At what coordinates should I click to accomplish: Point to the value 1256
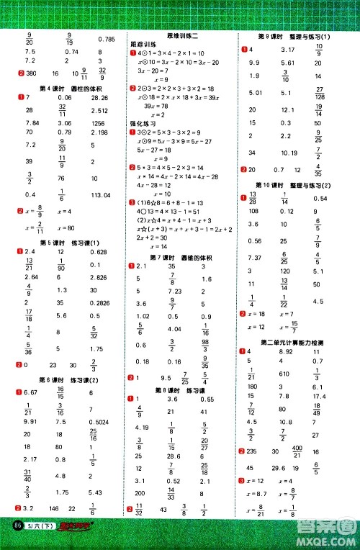pos(101,123)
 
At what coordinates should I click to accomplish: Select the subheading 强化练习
pos(143,123)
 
